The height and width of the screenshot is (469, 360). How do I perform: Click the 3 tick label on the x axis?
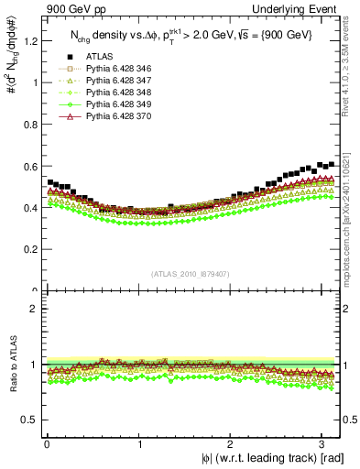(x=325, y=443)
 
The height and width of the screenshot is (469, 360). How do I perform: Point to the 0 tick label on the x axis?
(x=48, y=443)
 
